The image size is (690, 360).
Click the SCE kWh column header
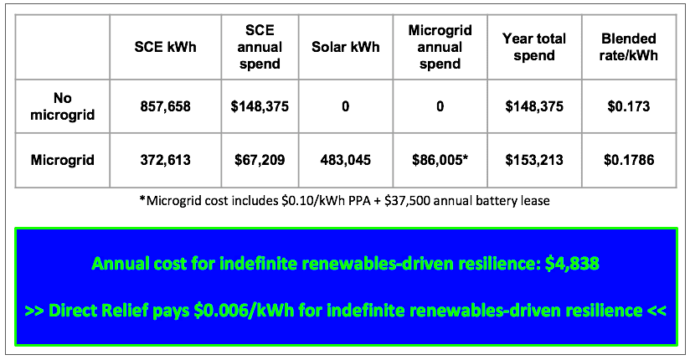166,47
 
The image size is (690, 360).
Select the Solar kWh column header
346,47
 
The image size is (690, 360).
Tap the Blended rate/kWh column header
628,47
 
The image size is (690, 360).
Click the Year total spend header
534,47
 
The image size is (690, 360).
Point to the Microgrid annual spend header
440,47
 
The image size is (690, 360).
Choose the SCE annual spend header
260,47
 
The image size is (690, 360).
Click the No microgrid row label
63,106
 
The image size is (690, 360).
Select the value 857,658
166,106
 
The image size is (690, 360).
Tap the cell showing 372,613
166,160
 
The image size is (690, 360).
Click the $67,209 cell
260,160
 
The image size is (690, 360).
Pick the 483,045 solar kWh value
346,160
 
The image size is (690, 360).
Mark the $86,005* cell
440,160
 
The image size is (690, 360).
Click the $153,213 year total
534,160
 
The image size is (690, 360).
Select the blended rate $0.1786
629,160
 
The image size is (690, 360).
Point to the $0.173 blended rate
628,106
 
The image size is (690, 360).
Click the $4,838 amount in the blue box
572,264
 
